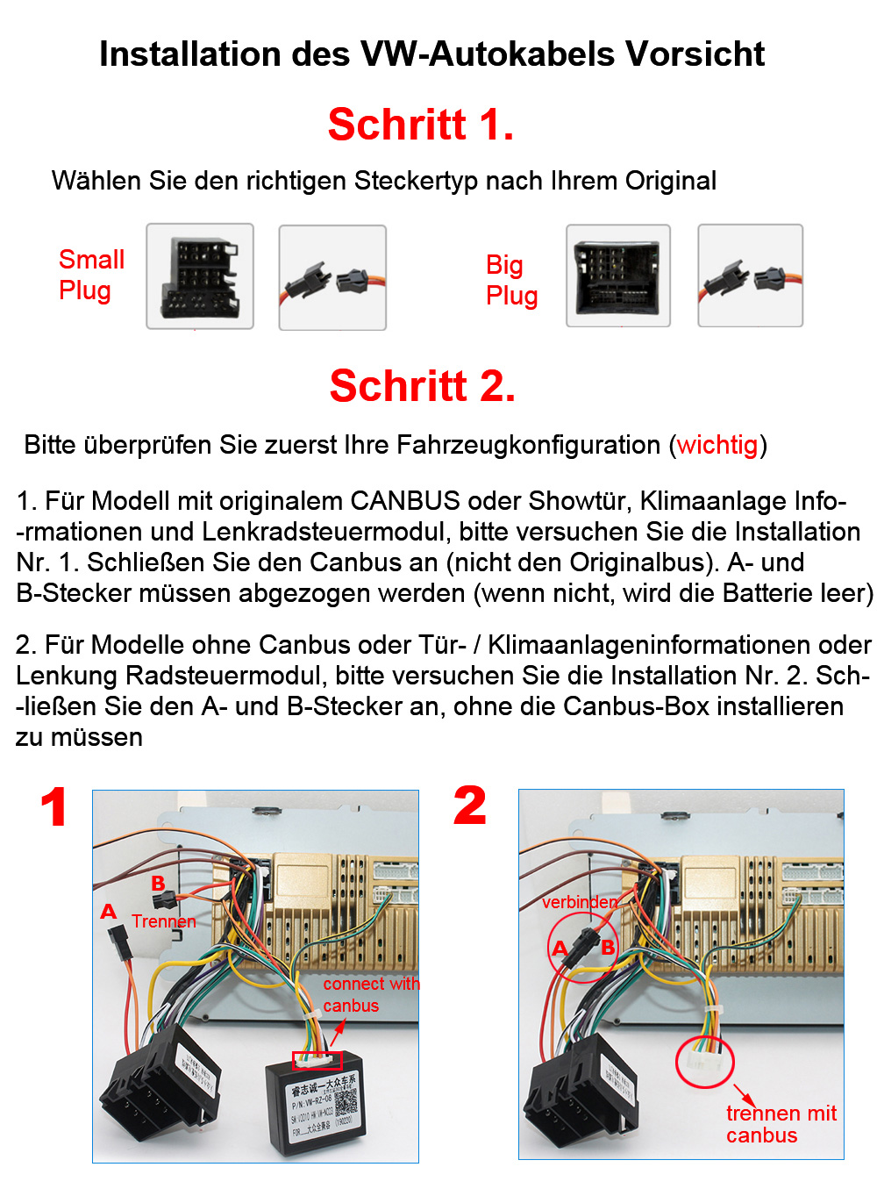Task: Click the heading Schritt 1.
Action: (420, 125)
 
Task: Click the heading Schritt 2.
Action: (422, 386)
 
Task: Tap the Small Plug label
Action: (90, 275)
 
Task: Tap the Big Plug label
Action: (511, 280)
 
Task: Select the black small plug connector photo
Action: (200, 276)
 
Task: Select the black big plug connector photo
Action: (617, 276)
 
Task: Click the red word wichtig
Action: (717, 445)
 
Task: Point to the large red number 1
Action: (54, 808)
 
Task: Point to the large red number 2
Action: (469, 806)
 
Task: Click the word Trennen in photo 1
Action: (163, 921)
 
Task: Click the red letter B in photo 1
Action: (158, 884)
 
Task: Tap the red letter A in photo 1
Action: (109, 912)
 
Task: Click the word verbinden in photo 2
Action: (579, 902)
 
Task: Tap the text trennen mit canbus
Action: (780, 1124)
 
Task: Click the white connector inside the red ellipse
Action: (705, 1063)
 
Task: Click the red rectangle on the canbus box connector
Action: (317, 1060)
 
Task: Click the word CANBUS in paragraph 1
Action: (404, 501)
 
